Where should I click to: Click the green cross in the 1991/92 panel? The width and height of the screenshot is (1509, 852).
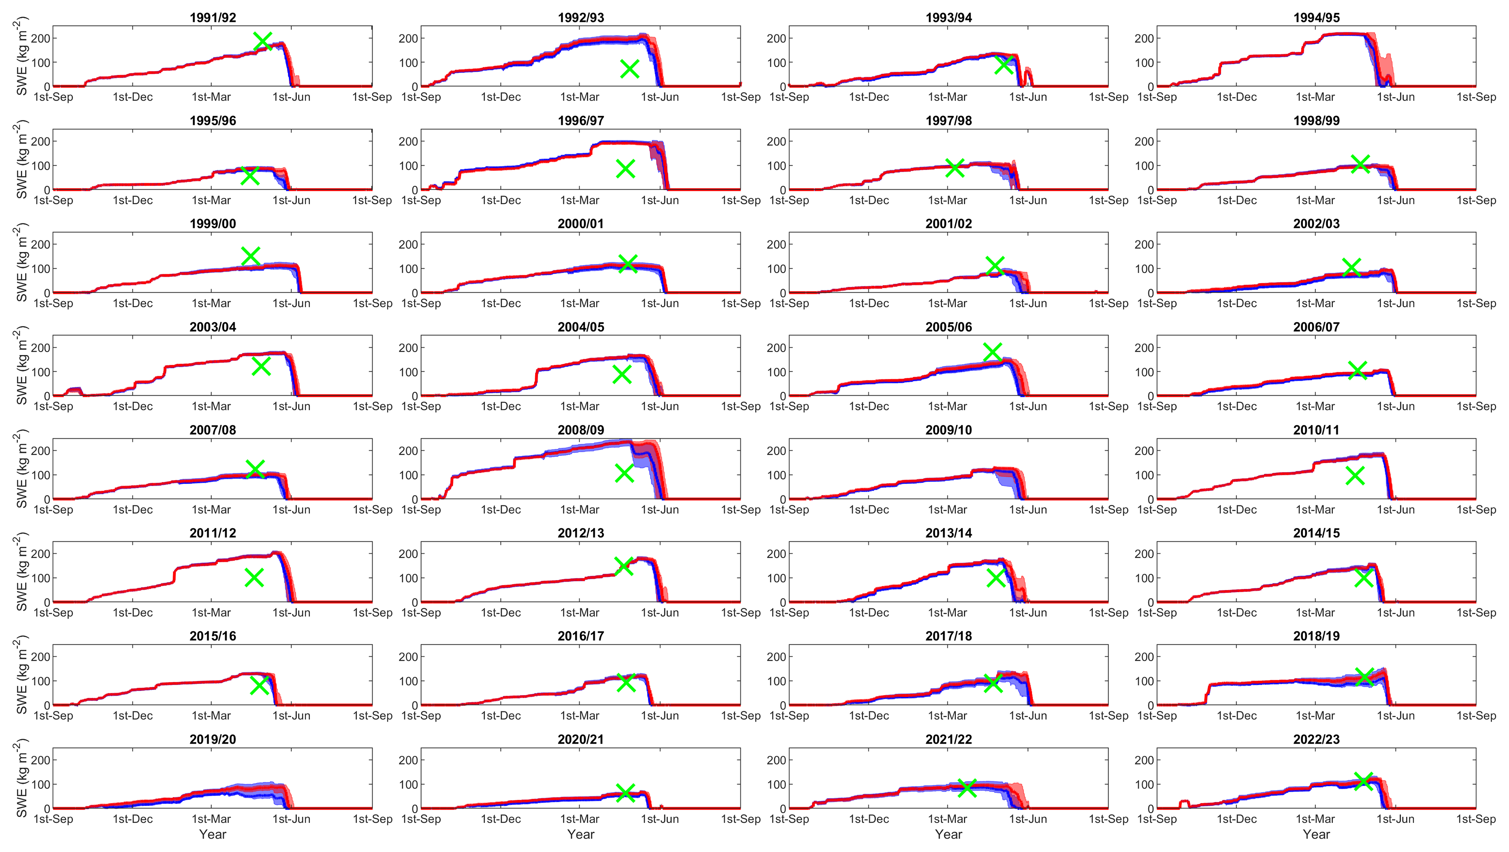(x=263, y=42)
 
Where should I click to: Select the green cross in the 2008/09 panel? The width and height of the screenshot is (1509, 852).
(x=624, y=473)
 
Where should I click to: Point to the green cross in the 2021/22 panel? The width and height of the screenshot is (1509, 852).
(x=967, y=787)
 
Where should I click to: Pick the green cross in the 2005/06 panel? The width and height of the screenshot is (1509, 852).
(x=992, y=352)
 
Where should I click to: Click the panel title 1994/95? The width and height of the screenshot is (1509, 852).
(x=1316, y=18)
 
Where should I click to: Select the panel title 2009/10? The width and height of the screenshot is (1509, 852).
(x=948, y=430)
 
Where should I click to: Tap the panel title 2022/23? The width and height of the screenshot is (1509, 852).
(x=1316, y=740)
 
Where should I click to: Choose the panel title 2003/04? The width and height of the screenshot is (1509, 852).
(x=213, y=327)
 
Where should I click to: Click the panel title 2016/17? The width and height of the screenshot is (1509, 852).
(x=580, y=636)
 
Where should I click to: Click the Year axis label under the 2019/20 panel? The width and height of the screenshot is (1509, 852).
(x=213, y=834)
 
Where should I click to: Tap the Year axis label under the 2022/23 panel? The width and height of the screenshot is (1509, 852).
(x=1316, y=834)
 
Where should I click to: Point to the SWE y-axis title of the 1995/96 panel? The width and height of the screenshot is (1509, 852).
(x=21, y=159)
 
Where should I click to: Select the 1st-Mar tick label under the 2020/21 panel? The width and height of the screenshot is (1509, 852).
(x=580, y=819)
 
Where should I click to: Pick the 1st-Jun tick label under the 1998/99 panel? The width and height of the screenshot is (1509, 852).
(x=1396, y=200)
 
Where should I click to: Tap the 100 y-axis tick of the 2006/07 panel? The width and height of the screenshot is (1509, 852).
(x=1144, y=372)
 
